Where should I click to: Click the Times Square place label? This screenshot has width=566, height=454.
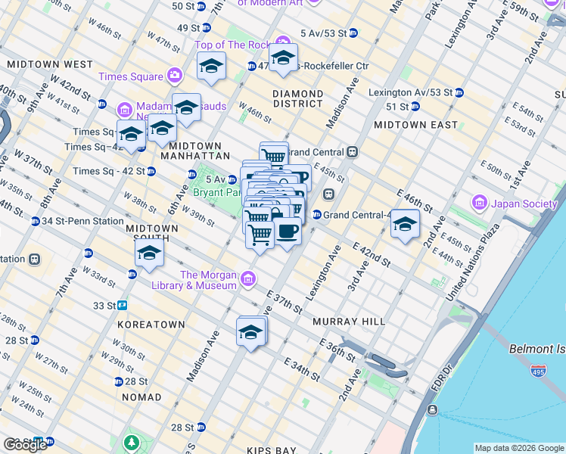coord(130,76)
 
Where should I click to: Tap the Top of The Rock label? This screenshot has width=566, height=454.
coord(231,45)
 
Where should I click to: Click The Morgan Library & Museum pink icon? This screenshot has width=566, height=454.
coord(248,281)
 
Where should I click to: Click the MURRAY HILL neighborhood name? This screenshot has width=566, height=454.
coord(349,322)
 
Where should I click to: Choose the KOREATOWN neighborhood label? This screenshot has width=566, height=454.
coord(151,324)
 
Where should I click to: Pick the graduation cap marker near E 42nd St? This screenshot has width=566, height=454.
coord(405,224)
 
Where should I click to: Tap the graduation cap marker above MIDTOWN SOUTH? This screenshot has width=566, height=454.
coord(149,253)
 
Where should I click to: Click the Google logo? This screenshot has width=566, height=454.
coord(25,445)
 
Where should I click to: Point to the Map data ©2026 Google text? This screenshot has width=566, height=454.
coord(518,448)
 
